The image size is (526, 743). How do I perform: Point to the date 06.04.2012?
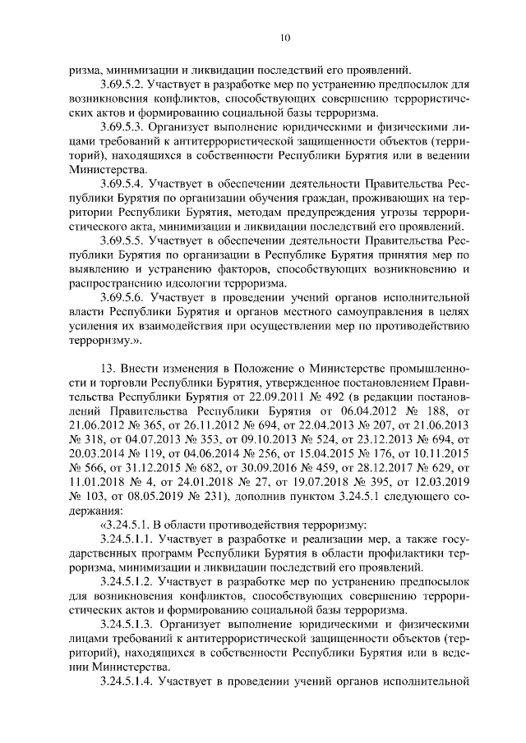pyautogui.click(x=358, y=412)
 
